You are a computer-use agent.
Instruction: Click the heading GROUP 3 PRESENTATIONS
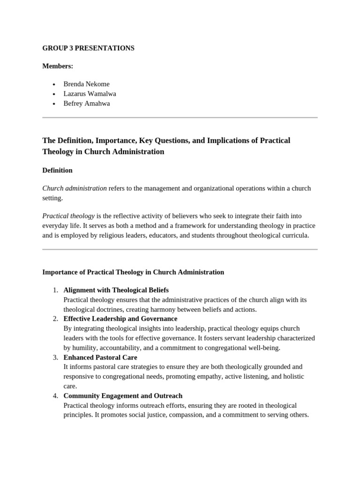click(x=88, y=48)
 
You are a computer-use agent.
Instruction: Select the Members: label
click(x=58, y=66)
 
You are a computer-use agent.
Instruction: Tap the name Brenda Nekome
click(x=86, y=84)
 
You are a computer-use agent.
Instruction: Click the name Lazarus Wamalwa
click(x=90, y=94)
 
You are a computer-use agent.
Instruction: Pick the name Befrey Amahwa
click(x=87, y=104)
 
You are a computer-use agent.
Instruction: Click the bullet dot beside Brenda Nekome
click(x=54, y=84)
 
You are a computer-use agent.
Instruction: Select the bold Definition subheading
click(x=57, y=170)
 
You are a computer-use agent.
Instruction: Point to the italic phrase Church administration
click(x=75, y=188)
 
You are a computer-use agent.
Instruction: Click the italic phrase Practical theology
click(x=68, y=216)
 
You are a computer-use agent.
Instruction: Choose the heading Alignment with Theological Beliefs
click(x=116, y=290)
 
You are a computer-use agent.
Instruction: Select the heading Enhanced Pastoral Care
click(x=100, y=357)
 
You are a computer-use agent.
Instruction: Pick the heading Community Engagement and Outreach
click(x=123, y=396)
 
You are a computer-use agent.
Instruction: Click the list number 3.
click(x=55, y=357)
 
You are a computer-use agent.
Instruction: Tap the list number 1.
click(x=55, y=290)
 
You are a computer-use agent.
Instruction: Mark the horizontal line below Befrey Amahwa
click(x=180, y=117)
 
